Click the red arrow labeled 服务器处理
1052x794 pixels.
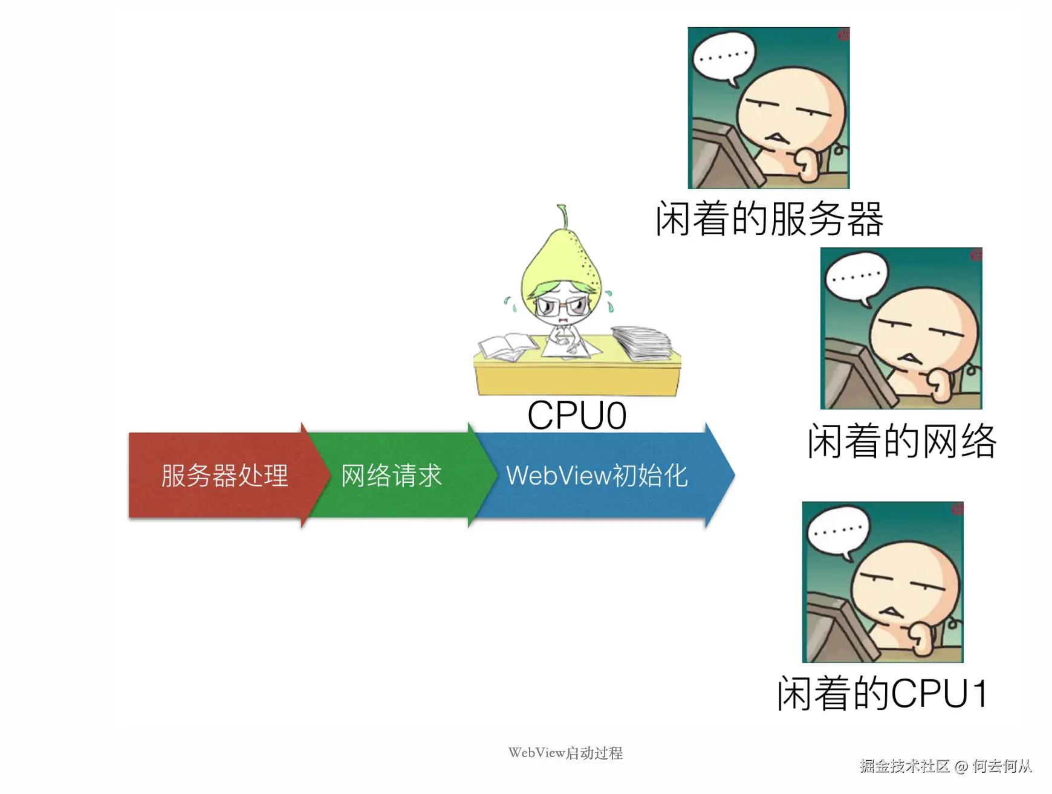coord(224,476)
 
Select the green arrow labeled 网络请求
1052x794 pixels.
coord(392,476)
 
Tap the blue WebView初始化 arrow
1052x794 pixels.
coord(597,476)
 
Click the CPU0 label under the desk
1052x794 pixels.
coord(577,416)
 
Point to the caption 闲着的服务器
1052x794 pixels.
coord(769,219)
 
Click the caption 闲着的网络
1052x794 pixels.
coord(901,441)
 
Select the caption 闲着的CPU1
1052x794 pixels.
coord(883,693)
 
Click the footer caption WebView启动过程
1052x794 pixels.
coord(565,753)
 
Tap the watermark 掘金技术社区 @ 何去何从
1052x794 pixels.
coord(946,766)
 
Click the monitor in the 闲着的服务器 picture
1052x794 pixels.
coord(722,157)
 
